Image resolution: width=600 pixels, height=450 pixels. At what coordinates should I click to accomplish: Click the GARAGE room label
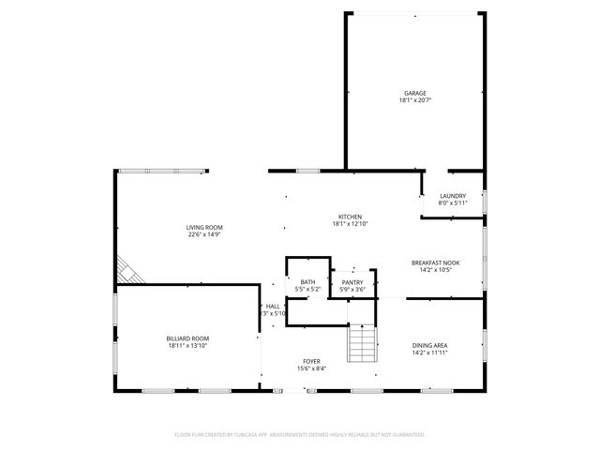(x=415, y=93)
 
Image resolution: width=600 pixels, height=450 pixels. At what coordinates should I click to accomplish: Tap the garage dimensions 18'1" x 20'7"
(x=415, y=100)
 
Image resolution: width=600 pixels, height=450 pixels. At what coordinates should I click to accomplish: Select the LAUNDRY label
(x=453, y=196)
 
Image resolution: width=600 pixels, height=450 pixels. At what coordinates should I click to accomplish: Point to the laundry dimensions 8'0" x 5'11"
(x=453, y=203)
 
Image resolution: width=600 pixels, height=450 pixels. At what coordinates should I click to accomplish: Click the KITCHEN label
(x=350, y=217)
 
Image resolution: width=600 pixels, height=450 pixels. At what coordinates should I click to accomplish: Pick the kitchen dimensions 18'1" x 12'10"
(x=350, y=224)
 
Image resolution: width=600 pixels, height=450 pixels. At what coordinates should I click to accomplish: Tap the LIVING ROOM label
(x=203, y=227)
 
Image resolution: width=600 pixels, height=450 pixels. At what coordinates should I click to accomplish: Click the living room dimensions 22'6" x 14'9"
(x=203, y=234)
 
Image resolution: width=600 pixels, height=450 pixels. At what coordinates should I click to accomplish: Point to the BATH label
(x=307, y=282)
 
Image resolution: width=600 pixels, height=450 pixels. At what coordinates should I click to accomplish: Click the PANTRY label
(x=352, y=282)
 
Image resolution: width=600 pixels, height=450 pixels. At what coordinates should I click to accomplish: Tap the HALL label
(x=273, y=306)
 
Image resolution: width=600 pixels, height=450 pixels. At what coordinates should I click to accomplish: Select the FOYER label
(x=311, y=361)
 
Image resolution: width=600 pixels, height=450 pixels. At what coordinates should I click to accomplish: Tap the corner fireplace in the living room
(x=129, y=272)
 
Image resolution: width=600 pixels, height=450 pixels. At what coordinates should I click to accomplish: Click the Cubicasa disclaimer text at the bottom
(x=300, y=434)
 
